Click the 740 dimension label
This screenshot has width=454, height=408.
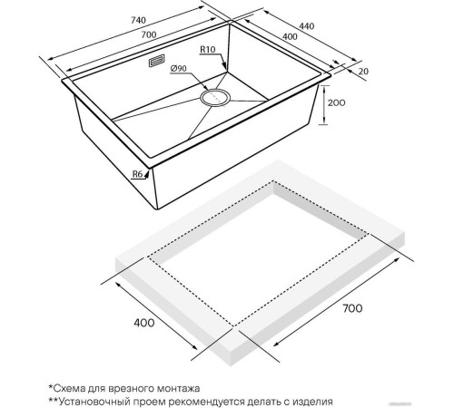[x=138, y=21]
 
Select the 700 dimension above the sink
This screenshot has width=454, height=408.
[x=149, y=34]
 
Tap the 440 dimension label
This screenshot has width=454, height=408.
[x=307, y=26]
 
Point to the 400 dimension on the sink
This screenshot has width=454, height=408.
[x=290, y=36]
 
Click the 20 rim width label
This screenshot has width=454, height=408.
[x=363, y=72]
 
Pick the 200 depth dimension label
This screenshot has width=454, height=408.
[x=336, y=103]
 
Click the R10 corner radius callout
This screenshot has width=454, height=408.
[x=207, y=49]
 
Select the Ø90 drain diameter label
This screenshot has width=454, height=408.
[x=179, y=69]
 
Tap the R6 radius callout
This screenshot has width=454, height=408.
[x=137, y=174]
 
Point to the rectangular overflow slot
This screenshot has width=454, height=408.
[x=156, y=61]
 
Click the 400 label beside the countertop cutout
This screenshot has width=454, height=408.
[x=144, y=323]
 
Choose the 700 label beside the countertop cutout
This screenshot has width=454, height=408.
[x=352, y=308]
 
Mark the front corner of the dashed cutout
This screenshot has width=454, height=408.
[x=233, y=326]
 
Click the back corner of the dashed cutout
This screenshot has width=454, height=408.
[x=273, y=181]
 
